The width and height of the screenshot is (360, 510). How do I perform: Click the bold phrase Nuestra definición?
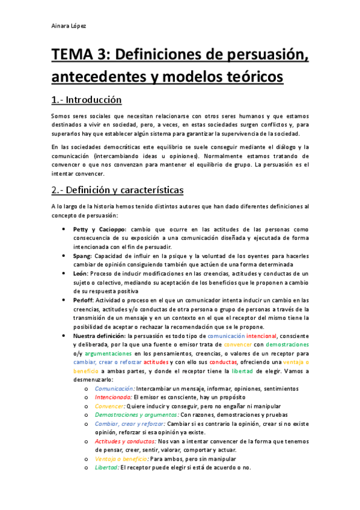pyautogui.click(x=99, y=336)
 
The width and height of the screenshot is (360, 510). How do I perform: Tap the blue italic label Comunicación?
pyautogui.click(x=114, y=389)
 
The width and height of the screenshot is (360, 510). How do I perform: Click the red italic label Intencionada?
pyautogui.click(x=113, y=398)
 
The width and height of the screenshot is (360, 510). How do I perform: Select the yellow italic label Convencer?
pyautogui.click(x=109, y=406)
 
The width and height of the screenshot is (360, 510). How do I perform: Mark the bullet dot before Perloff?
pyautogui.click(x=64, y=300)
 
